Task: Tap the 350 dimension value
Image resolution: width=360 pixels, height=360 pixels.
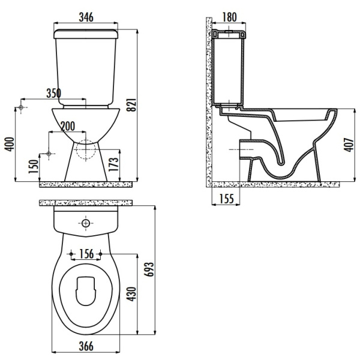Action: pyautogui.click(x=55, y=93)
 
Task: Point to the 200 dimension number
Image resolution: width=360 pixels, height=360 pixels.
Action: pyautogui.click(x=68, y=126)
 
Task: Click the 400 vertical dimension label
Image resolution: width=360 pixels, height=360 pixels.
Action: pyautogui.click(x=8, y=143)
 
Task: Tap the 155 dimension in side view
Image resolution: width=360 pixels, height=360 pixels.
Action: pyautogui.click(x=226, y=199)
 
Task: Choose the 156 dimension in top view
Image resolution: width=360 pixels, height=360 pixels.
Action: pyautogui.click(x=86, y=253)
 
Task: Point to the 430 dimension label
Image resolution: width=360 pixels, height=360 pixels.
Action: pyautogui.click(x=134, y=293)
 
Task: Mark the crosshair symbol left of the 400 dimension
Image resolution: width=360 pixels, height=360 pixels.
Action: pyautogui.click(x=22, y=108)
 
